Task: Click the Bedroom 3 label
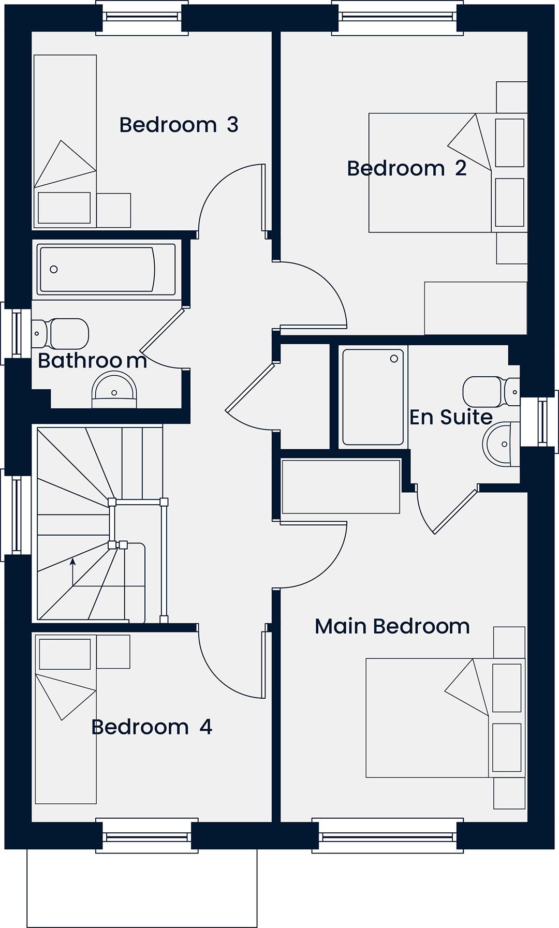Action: point(179,125)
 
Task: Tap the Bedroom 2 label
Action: point(407,168)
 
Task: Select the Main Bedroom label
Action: point(392,626)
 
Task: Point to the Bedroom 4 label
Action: point(152,727)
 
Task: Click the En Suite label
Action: point(451,417)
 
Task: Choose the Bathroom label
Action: point(93,361)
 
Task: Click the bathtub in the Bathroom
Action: point(106,270)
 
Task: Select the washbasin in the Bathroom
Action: point(114,391)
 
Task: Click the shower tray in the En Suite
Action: point(373,397)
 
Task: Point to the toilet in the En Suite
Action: point(491,392)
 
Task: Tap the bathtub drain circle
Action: point(53,269)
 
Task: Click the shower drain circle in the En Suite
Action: point(394,359)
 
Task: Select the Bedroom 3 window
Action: point(142,17)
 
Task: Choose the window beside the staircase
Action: point(16,515)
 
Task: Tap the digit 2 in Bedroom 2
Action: point(461,168)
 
